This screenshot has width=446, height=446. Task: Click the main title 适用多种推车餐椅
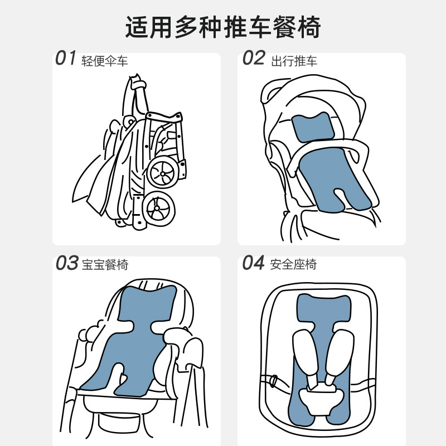click(223, 27)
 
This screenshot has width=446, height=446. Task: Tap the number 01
click(65, 58)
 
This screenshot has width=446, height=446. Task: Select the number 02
click(253, 58)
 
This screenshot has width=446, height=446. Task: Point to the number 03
click(66, 263)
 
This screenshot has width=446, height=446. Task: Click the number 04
click(253, 263)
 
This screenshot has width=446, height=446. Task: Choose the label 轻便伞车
click(105, 60)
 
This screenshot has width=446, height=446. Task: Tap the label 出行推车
click(294, 60)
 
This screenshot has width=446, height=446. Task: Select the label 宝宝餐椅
click(105, 265)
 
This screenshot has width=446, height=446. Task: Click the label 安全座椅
click(294, 265)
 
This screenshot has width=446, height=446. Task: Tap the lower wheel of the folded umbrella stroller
click(157, 209)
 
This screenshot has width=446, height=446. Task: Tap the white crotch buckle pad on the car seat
click(322, 397)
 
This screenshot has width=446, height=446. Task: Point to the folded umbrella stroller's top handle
click(137, 84)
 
